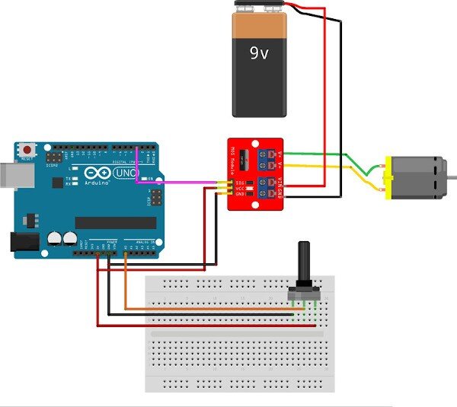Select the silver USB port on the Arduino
tap(8, 173)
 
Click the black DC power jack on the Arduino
tap(22, 242)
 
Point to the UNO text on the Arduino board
tap(123, 174)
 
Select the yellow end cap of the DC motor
tap(388, 178)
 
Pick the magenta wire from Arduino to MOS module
tap(183, 183)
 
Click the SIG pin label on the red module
tap(240, 183)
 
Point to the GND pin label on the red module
tap(240, 196)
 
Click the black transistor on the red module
tap(242, 161)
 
